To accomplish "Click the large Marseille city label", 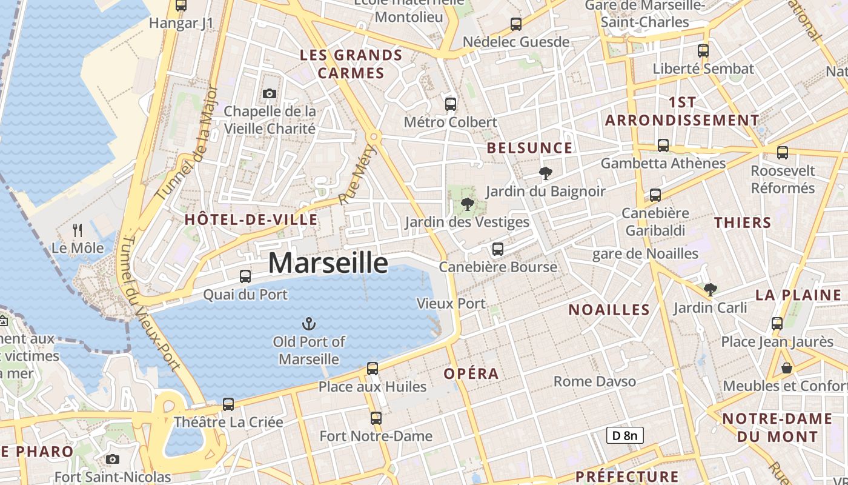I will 328,263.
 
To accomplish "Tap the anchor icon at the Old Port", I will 309,324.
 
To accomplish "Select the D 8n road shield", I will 624,435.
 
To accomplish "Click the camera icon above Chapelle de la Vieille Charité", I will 270,93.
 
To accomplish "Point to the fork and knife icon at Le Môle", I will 78,230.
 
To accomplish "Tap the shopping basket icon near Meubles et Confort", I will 786,368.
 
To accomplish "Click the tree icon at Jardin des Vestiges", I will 466,204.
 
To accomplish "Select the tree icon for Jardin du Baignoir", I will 545,173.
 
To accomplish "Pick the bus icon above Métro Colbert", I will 450,104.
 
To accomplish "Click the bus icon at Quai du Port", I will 245,276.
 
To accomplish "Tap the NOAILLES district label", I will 609,310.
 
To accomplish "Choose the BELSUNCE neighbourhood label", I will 529,148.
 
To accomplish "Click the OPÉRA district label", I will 471,373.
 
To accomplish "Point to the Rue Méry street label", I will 357,175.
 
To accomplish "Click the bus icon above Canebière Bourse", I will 497,249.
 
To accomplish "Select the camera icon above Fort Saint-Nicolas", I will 112,460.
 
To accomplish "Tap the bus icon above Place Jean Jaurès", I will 777,324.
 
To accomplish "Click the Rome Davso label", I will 595,381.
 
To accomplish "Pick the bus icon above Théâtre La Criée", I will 228,404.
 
